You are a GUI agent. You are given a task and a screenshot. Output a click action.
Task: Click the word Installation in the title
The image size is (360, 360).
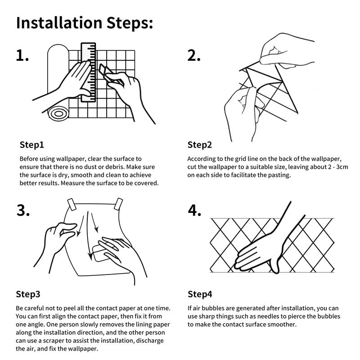[59, 23]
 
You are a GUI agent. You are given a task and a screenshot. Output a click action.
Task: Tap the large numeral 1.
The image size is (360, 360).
[22, 55]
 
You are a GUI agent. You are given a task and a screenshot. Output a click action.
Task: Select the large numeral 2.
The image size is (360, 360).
[194, 55]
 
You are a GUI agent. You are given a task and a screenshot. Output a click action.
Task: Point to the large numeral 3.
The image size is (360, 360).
[23, 210]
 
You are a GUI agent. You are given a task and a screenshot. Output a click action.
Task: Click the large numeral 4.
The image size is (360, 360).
[194, 210]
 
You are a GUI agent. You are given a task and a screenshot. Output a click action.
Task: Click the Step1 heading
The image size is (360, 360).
[31, 145]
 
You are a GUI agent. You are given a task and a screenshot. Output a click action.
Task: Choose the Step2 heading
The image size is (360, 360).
[199, 145]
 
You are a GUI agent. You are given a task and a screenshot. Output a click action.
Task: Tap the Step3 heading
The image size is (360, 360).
[28, 294]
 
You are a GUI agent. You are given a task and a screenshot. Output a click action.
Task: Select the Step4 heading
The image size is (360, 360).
[200, 294]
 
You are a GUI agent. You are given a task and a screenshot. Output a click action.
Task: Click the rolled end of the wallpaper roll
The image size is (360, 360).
[58, 113]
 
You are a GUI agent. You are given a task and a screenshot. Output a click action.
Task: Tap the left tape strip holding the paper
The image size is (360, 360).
[72, 204]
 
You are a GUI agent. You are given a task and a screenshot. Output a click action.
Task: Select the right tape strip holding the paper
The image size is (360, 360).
[118, 204]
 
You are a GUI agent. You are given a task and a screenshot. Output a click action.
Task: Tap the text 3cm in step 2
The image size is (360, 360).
[342, 167]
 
